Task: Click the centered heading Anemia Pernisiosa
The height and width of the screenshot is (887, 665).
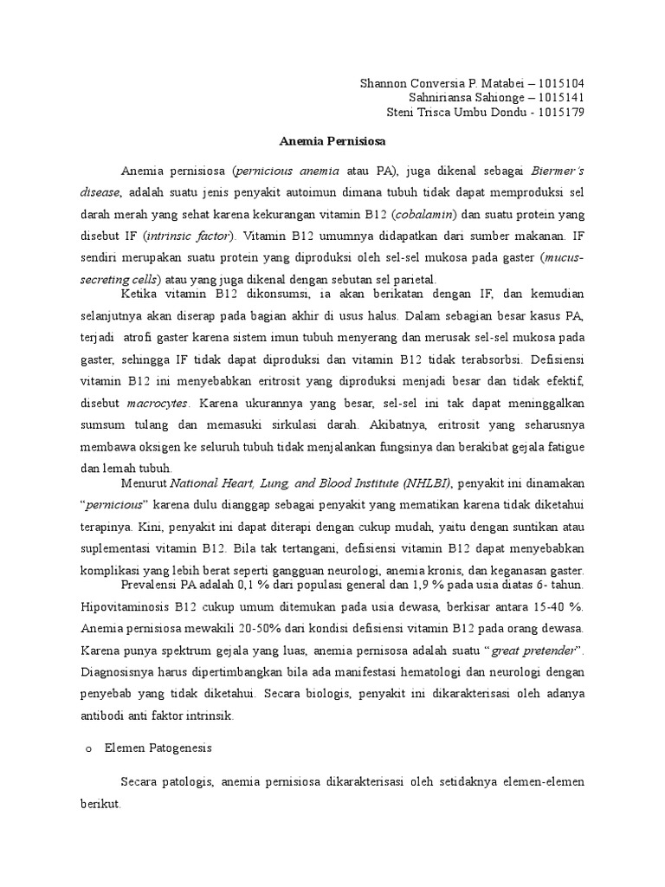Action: (x=332, y=139)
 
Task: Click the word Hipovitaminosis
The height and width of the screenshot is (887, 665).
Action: (x=124, y=603)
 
